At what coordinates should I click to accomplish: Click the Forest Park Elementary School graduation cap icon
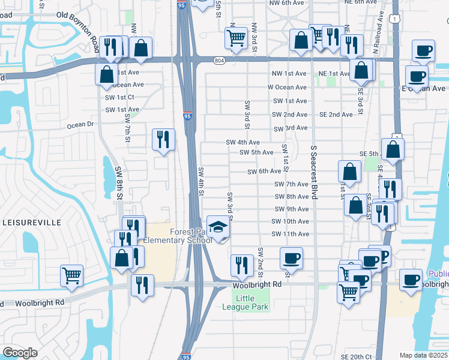point(219,227)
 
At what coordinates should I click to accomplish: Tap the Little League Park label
point(253,302)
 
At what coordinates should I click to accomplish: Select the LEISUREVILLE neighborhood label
point(32,222)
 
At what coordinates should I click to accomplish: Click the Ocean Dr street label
point(81,125)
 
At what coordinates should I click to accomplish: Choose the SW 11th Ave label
point(291,234)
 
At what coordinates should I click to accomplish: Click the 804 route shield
point(220,59)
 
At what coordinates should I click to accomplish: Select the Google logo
point(20,353)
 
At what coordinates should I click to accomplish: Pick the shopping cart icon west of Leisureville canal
point(71,275)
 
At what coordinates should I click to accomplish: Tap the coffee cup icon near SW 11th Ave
point(291,258)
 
